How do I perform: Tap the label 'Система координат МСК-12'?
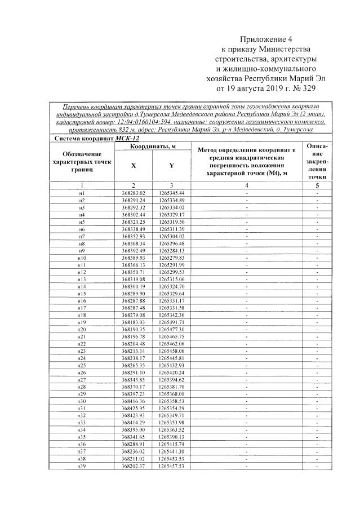(96, 138)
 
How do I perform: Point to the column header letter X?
(134, 166)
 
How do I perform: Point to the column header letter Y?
(172, 166)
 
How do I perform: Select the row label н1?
(82, 193)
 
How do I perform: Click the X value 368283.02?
(134, 193)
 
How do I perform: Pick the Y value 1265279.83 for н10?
(172, 258)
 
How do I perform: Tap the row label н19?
(82, 322)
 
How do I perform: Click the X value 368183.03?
(134, 322)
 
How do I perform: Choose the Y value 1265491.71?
(172, 322)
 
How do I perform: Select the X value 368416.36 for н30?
(134, 400)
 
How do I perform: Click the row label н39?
(82, 465)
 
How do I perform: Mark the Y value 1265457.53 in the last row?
(172, 465)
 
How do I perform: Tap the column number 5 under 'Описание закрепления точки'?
(318, 185)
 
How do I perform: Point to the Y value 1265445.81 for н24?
(172, 357)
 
